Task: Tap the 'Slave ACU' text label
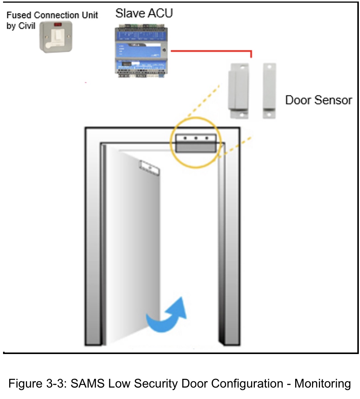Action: click(144, 13)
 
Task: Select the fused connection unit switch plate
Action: click(56, 37)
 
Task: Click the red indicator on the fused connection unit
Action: click(58, 25)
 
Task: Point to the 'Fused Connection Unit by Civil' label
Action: click(51, 20)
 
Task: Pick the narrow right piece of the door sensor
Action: click(269, 91)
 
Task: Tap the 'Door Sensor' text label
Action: click(318, 100)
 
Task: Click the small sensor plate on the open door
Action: click(149, 168)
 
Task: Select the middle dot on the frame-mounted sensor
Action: click(195, 138)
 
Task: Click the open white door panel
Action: click(133, 248)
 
